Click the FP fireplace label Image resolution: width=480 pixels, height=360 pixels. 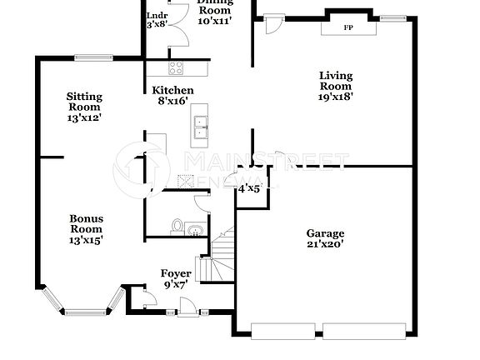click(347, 27)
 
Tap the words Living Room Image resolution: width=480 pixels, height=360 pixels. click(336, 81)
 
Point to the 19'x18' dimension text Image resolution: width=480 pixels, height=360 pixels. click(336, 96)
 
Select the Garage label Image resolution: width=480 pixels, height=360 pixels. click(325, 233)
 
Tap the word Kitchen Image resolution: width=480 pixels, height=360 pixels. click(172, 90)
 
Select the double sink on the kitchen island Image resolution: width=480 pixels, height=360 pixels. click(200, 126)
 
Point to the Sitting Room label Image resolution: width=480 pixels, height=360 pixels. click(84, 101)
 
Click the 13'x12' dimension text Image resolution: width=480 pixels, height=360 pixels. click(84, 117)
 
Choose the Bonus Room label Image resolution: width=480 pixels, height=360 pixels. click(86, 223)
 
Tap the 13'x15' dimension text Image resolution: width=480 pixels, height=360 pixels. click(86, 240)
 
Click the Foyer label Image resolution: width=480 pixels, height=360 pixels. click(176, 273)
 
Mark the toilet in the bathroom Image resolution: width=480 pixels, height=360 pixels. click(176, 226)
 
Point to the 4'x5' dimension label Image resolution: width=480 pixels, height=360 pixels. click(249, 189)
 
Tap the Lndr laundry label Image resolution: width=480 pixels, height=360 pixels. click(157, 16)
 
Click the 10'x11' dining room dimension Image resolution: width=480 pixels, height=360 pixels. click(214, 19)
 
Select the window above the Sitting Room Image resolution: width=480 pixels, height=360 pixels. click(88, 57)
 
